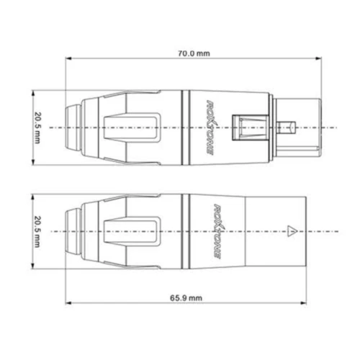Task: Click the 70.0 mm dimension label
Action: click(194, 53)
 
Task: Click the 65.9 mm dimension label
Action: click(186, 298)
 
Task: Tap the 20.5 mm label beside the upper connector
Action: click(37, 127)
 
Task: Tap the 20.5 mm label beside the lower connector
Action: click(37, 232)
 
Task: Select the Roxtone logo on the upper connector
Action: click(210, 127)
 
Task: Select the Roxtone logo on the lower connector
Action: click(218, 232)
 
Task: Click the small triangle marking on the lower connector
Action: click(292, 231)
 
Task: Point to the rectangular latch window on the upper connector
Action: click(251, 127)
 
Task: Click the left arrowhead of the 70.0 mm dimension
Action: click(68, 58)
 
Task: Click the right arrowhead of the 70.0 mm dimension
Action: click(318, 58)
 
